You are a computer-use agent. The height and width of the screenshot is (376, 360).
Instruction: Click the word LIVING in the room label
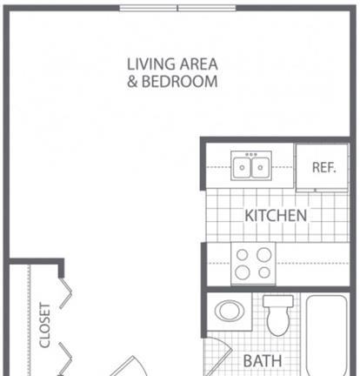pyautogui.click(x=151, y=64)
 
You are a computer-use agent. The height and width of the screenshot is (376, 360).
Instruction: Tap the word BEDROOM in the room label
pyautogui.click(x=179, y=82)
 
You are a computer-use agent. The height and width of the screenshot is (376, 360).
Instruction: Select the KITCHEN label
pyautogui.click(x=276, y=216)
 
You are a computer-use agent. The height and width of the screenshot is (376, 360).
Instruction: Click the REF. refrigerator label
pyautogui.click(x=323, y=167)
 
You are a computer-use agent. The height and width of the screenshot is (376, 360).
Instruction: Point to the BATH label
pyautogui.click(x=263, y=361)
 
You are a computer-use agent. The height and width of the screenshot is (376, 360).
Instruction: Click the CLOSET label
pyautogui.click(x=45, y=326)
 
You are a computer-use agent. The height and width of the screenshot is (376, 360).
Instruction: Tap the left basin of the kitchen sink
pyautogui.click(x=242, y=167)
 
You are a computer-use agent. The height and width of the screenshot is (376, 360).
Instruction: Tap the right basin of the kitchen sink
pyautogui.click(x=260, y=167)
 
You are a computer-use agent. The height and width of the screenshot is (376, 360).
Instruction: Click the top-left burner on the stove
pyautogui.click(x=243, y=255)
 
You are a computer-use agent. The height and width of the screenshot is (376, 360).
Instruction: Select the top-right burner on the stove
pyautogui.click(x=264, y=255)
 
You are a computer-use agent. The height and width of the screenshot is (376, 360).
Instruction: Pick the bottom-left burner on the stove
pyautogui.click(x=243, y=272)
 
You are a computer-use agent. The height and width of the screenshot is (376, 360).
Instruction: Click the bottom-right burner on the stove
pyautogui.click(x=264, y=272)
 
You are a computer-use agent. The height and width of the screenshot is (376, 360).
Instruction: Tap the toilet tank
pyautogui.click(x=278, y=301)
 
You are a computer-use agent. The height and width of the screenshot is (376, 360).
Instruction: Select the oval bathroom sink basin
pyautogui.click(x=230, y=311)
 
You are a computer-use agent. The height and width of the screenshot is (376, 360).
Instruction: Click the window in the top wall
pyautogui.click(x=177, y=8)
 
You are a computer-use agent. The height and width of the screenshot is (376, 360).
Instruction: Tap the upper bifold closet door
pyautogui.click(x=65, y=293)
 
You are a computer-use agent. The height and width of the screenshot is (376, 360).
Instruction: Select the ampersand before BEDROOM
pyautogui.click(x=132, y=82)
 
